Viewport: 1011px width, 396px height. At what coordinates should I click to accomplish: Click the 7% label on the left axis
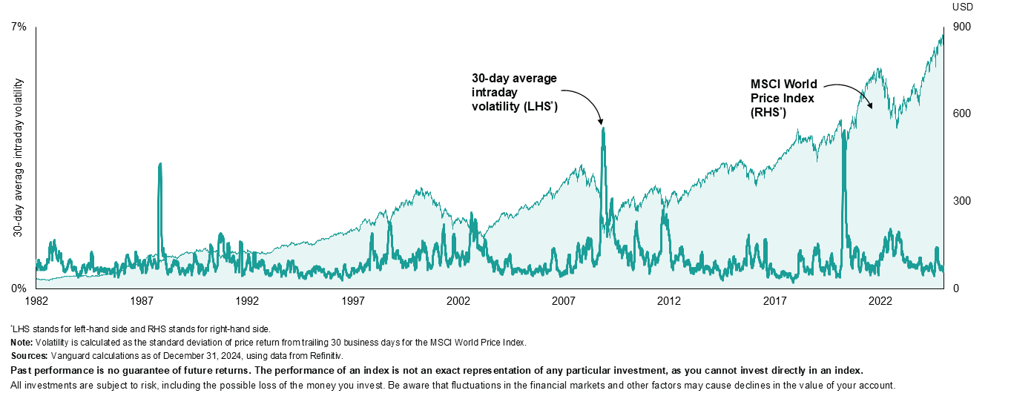pyautogui.click(x=19, y=27)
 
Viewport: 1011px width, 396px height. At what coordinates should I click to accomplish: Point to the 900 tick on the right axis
pyautogui.click(x=962, y=27)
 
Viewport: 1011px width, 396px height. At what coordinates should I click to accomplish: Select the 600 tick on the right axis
pyautogui.click(x=962, y=113)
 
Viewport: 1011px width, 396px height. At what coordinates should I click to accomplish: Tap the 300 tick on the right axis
pyautogui.click(x=962, y=201)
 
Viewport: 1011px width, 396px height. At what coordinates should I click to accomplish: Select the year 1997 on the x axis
pyautogui.click(x=352, y=301)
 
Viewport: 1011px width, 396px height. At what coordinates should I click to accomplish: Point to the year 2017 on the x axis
pyautogui.click(x=774, y=301)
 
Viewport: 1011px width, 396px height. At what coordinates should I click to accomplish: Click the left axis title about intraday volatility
pyautogui.click(x=16, y=157)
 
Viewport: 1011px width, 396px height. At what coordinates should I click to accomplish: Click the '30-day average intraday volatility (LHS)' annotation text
pyautogui.click(x=514, y=93)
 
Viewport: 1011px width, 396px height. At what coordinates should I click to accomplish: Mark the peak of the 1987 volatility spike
pyautogui.click(x=160, y=164)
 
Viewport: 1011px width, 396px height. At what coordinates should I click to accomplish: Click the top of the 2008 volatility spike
pyautogui.click(x=603, y=128)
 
